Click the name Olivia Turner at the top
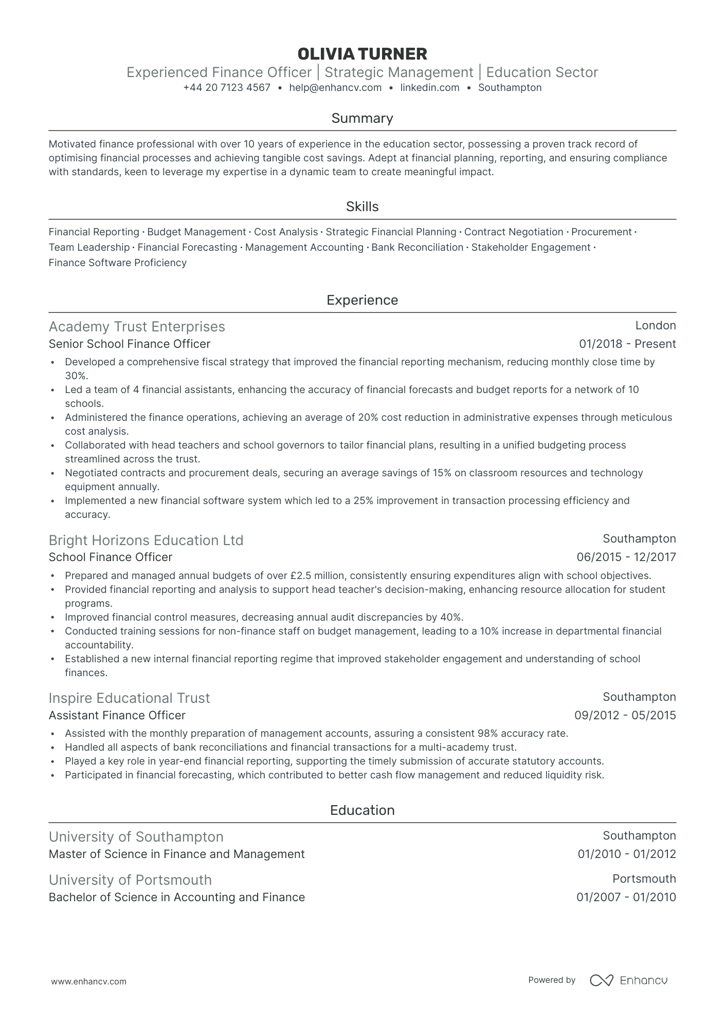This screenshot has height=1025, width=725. click(362, 54)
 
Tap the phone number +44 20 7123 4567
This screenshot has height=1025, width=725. click(227, 88)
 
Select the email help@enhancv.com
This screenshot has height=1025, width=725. click(335, 88)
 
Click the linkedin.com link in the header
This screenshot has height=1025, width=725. click(429, 88)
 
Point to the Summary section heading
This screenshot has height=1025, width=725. click(362, 118)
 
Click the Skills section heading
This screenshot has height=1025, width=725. click(362, 207)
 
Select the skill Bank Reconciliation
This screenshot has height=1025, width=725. click(417, 248)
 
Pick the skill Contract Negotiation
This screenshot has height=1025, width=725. click(514, 232)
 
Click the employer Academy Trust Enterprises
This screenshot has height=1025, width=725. click(137, 327)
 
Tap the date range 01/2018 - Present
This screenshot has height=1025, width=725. click(627, 344)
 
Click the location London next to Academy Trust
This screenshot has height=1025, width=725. click(655, 326)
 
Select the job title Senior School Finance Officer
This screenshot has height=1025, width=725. click(130, 344)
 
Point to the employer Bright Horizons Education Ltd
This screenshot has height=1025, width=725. click(146, 541)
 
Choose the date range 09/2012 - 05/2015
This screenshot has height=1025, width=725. click(625, 716)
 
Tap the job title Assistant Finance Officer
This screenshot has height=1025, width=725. click(117, 716)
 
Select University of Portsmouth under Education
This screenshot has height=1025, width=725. click(130, 880)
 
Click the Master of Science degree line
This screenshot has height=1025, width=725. click(176, 854)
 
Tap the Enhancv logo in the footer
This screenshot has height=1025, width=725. click(628, 980)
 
